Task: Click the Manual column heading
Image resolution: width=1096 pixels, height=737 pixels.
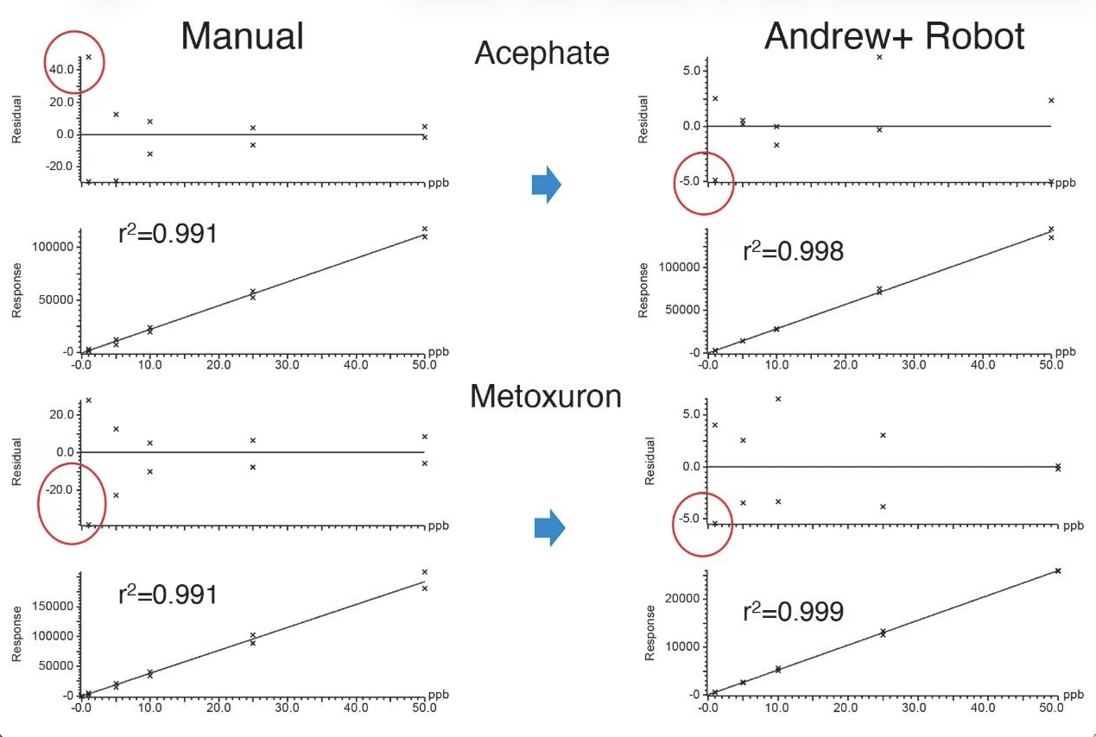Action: pos(242,36)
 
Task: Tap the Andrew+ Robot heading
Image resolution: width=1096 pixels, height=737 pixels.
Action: pos(894,36)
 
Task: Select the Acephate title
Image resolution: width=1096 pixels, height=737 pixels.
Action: pos(542,53)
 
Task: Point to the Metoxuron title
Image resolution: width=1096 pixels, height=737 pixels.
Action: pos(546,396)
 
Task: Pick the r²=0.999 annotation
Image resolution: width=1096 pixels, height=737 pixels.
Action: pos(793,611)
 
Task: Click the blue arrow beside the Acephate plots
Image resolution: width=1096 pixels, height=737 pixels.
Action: pos(546,184)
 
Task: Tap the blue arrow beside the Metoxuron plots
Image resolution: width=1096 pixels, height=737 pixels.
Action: pos(549,527)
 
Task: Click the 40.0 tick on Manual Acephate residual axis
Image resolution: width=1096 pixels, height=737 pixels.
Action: pos(62,69)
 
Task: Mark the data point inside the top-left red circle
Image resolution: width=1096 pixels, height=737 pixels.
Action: pos(89,57)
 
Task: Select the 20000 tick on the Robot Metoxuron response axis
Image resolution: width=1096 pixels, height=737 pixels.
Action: pos(682,598)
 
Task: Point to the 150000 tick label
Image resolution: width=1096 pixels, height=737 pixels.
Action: pos(53,606)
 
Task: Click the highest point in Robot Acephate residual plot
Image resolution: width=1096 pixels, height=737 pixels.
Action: pos(879,57)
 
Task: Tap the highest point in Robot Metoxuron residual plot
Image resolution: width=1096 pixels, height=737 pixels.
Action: pos(778,399)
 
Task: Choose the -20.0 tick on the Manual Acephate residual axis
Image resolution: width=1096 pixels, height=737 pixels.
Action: pos(59,167)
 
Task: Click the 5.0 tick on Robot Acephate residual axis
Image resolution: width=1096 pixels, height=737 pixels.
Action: pos(691,70)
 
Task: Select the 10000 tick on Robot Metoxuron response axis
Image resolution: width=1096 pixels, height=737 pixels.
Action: pos(682,646)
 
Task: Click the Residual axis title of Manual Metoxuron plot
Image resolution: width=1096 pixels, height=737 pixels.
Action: pos(16,462)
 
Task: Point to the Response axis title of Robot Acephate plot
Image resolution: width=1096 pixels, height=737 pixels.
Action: pos(643,290)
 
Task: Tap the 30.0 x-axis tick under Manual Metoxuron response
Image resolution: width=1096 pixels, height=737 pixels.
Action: pos(287,708)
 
